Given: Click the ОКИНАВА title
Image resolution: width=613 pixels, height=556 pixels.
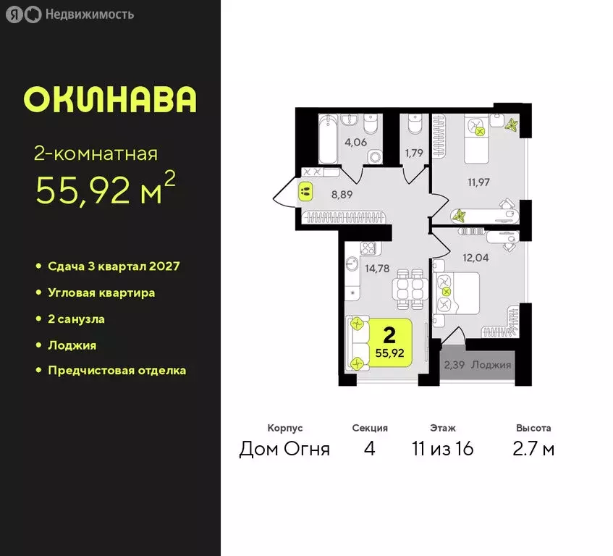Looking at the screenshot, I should coord(110,100).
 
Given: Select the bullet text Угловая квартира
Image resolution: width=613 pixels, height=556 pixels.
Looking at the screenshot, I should coord(101,292).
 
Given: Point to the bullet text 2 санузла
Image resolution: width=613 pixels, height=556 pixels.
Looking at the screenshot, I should coord(81,319).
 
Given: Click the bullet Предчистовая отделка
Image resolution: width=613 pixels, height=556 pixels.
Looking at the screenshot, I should coord(117,370).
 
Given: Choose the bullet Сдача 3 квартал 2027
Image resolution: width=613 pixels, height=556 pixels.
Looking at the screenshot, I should coord(114,266).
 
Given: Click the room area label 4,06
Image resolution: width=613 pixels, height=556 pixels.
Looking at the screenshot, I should coord(355,142).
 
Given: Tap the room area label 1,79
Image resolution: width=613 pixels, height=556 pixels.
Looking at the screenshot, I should coord(414,152).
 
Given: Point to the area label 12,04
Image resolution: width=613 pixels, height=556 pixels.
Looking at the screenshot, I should coord(476,255).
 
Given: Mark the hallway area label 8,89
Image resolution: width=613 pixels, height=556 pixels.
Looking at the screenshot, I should coord(342,194).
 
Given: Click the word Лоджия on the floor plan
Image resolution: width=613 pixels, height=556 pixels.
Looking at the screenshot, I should coord(491,364).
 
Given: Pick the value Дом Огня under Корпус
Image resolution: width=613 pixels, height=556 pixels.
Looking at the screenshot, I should coord(284,449).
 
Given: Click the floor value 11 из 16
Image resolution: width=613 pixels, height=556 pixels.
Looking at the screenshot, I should coord(442,449).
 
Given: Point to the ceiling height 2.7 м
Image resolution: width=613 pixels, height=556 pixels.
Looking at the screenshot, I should coord(533,449).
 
